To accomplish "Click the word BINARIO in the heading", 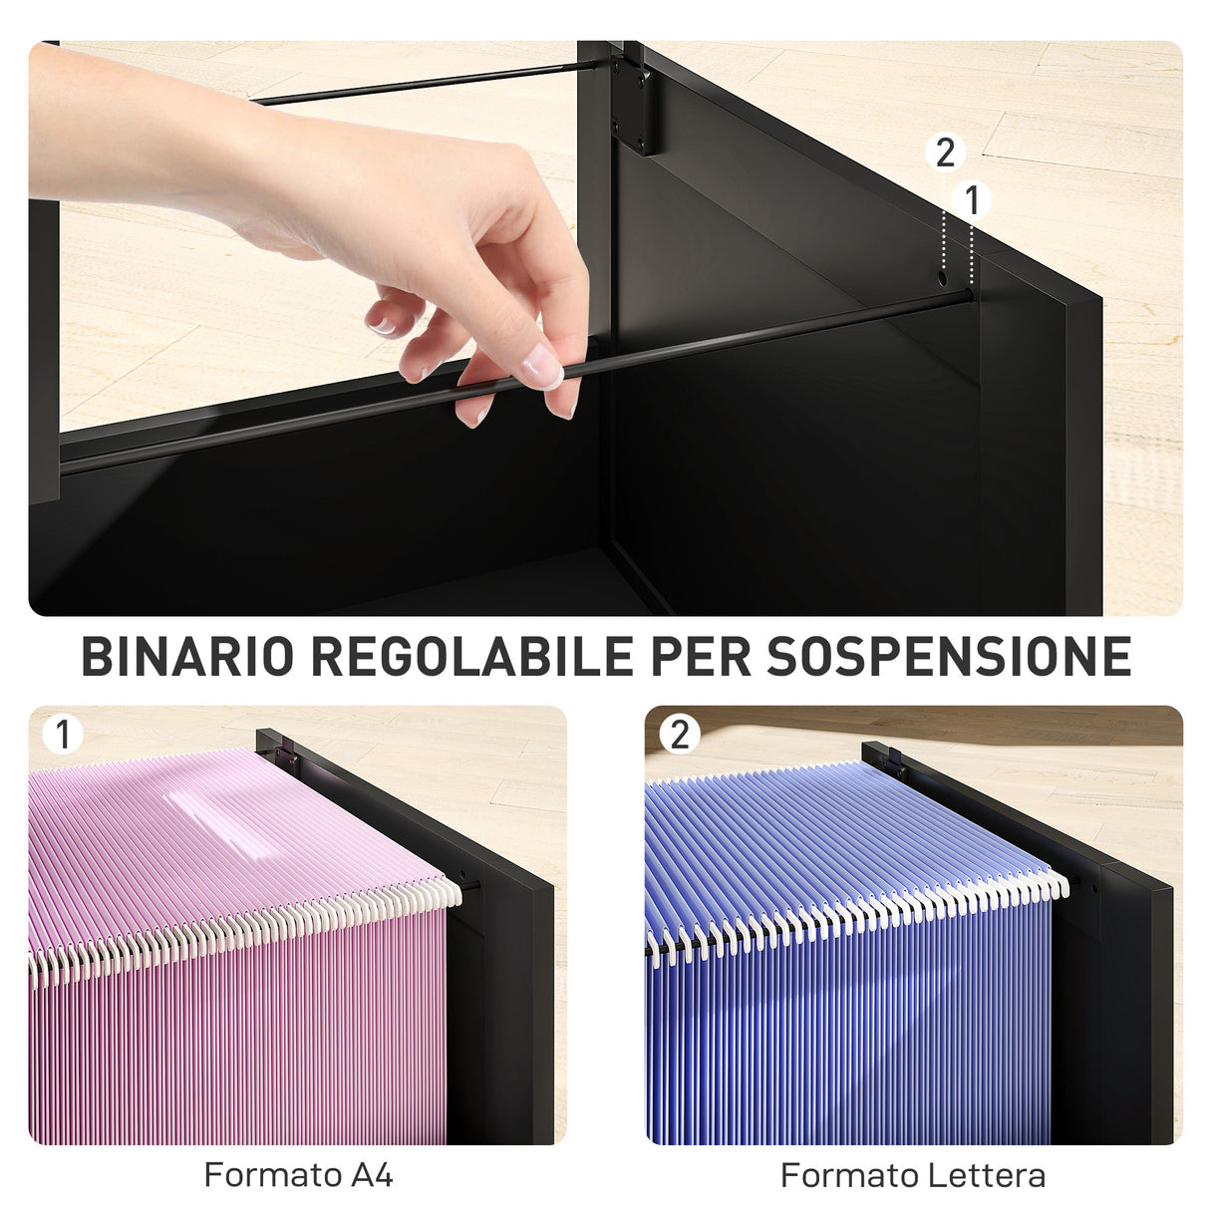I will click(187, 657).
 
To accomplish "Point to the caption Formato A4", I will click(298, 1175).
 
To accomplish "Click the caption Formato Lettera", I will click(913, 1175).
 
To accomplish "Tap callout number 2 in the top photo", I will click(945, 152).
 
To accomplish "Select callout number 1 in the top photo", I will click(972, 200).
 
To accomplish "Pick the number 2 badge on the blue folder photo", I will click(680, 735).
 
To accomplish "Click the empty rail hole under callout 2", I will click(942, 279).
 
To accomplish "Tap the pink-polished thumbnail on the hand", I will click(541, 367).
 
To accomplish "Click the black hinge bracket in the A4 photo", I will click(288, 756).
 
